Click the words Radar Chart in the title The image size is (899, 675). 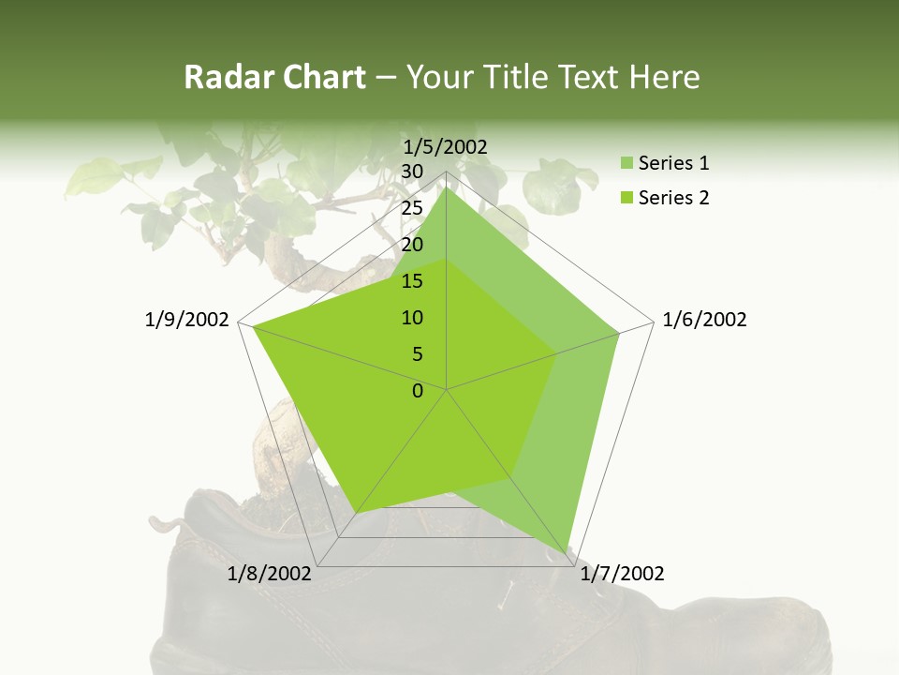click(x=274, y=77)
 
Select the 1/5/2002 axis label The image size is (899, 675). click(x=446, y=146)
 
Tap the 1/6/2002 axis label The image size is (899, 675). click(x=704, y=320)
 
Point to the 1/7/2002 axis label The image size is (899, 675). click(x=623, y=574)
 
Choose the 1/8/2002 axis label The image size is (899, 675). click(x=270, y=574)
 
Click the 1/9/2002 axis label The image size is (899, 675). click(x=187, y=320)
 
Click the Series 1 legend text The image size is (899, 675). click(x=673, y=163)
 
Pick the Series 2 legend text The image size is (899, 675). click(x=673, y=198)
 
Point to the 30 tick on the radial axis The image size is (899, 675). click(x=412, y=172)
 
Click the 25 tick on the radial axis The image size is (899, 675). click(x=412, y=208)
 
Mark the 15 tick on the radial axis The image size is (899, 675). click(x=412, y=281)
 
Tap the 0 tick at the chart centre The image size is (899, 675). click(x=418, y=391)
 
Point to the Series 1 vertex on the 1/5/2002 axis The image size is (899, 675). click(x=447, y=187)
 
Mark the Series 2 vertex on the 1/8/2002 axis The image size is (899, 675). click(x=356, y=513)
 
